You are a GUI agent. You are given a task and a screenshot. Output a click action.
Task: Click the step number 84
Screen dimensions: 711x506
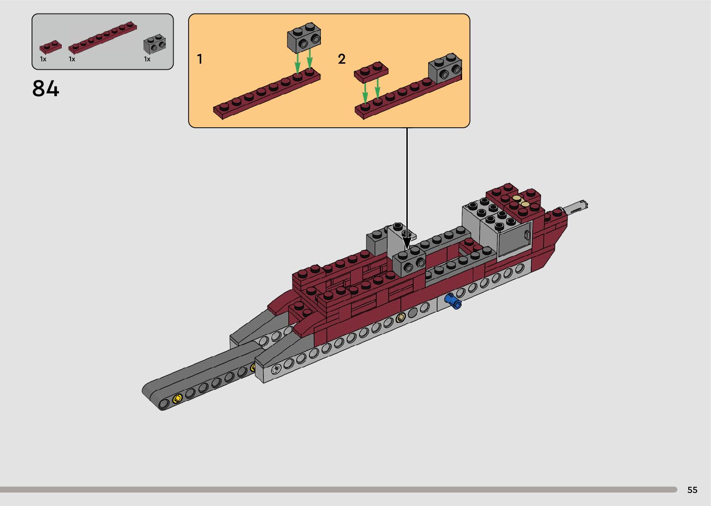click(46, 88)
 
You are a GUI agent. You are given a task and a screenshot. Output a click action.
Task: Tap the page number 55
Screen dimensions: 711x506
click(692, 490)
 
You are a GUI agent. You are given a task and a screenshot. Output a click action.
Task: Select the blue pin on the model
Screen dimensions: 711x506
click(453, 302)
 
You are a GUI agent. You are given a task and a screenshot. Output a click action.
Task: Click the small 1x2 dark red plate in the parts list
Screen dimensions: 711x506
click(50, 47)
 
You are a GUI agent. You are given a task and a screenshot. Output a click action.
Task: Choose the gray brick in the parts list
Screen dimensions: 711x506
click(155, 44)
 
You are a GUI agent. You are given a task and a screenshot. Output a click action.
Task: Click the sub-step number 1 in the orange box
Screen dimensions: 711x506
click(200, 59)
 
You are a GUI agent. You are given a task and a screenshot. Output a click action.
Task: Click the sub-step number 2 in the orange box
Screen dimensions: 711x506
click(342, 59)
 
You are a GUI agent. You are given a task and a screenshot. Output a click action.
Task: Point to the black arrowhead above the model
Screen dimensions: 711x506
click(407, 243)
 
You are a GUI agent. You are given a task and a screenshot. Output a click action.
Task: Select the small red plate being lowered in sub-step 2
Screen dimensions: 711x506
click(371, 71)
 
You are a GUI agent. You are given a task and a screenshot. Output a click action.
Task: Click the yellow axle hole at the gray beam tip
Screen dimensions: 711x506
click(176, 399)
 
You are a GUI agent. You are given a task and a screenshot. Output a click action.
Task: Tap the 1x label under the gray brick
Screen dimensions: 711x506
click(147, 59)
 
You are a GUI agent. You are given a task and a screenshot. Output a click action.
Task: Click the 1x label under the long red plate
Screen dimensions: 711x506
click(72, 59)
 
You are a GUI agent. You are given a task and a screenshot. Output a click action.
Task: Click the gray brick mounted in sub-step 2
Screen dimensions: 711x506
click(445, 68)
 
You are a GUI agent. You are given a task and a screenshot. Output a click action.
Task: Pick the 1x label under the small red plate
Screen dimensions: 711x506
click(43, 59)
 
